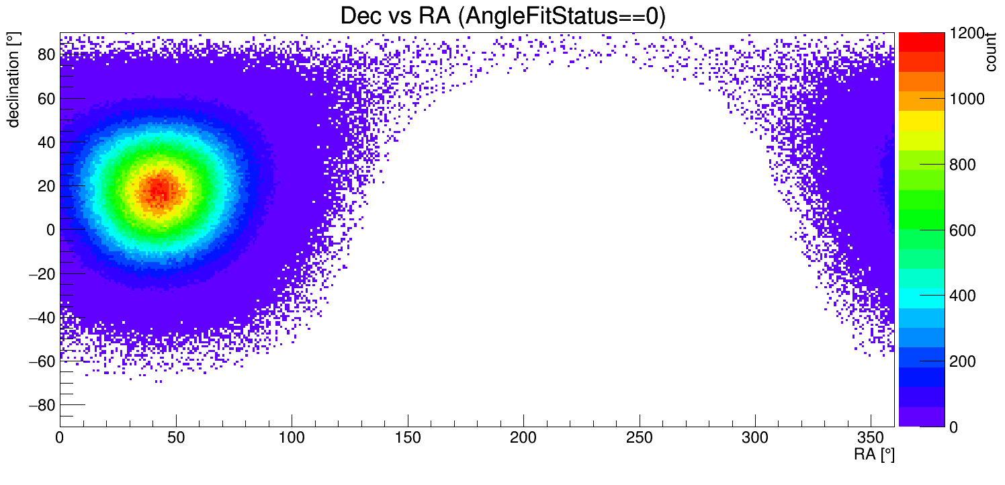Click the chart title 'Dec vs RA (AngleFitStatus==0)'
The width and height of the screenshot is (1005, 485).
[502, 16]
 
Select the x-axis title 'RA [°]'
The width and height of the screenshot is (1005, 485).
[874, 455]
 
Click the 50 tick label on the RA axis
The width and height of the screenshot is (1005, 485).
[175, 438]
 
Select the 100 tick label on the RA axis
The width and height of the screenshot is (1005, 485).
[292, 438]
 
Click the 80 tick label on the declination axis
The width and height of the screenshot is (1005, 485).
[45, 55]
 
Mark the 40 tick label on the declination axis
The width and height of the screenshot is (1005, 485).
[45, 142]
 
